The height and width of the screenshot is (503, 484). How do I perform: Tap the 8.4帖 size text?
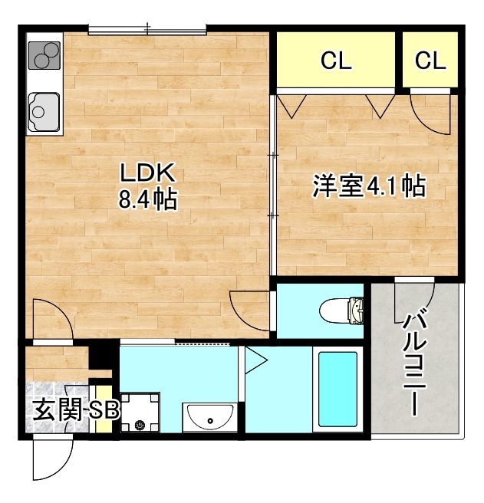coord(147,200)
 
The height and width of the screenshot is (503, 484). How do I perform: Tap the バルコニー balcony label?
coord(417,360)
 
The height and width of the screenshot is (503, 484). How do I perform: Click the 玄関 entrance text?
coord(55,410)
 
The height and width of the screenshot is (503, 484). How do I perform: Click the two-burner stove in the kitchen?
coord(44,55)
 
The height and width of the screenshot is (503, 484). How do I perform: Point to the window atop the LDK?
coord(147,30)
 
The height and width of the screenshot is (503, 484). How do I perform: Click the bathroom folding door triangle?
coord(254,358)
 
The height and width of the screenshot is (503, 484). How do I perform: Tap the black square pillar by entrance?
coord(99,357)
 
